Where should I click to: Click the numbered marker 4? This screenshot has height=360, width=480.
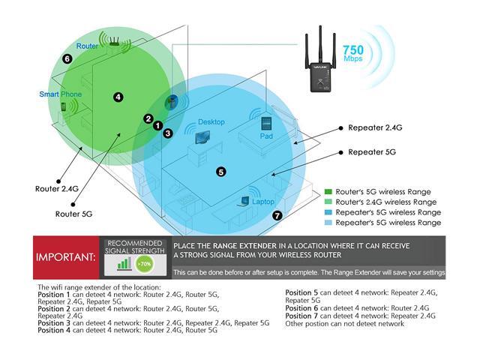[118, 97]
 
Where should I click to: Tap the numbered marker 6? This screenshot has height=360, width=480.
[67, 58]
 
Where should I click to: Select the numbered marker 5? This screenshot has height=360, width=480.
[220, 172]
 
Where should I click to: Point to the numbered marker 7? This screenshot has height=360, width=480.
[277, 215]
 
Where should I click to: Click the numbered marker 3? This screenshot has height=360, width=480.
[167, 133]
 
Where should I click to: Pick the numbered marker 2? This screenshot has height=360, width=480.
[148, 118]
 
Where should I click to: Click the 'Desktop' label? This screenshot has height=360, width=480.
[211, 121]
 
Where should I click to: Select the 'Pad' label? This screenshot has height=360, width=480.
[265, 137]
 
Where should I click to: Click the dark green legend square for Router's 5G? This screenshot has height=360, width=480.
[328, 192]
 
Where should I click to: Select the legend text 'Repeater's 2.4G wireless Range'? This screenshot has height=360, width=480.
[386, 212]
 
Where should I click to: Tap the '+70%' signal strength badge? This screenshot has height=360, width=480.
[143, 264]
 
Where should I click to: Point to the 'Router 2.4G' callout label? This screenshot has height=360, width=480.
[56, 190]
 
